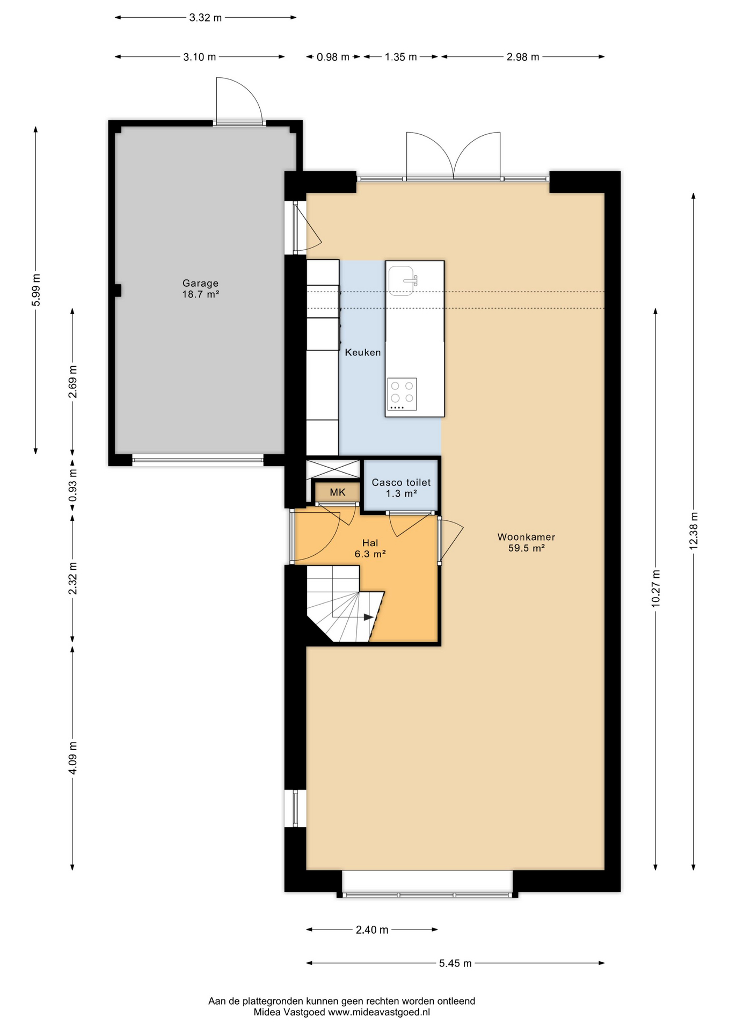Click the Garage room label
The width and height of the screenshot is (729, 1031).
pyautogui.click(x=200, y=288)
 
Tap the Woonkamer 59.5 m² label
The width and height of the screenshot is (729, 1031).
pyautogui.click(x=526, y=542)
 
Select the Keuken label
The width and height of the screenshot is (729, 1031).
pyautogui.click(x=363, y=352)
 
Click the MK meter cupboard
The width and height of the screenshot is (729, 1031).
pyautogui.click(x=337, y=492)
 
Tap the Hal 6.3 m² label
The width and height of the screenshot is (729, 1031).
pyautogui.click(x=370, y=548)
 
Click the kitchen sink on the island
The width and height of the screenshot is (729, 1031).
pyautogui.click(x=402, y=280)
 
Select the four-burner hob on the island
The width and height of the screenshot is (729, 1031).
pyautogui.click(x=402, y=394)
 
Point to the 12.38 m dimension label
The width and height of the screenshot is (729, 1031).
pyautogui.click(x=694, y=531)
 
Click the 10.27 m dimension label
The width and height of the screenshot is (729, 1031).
pyautogui.click(x=655, y=589)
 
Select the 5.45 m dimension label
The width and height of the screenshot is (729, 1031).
pyautogui.click(x=455, y=963)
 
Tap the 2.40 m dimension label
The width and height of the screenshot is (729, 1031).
pyautogui.click(x=372, y=930)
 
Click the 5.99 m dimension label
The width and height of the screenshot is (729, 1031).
pyautogui.click(x=36, y=290)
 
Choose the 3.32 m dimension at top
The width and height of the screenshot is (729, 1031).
pyautogui.click(x=206, y=18)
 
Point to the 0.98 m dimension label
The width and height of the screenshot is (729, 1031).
pyautogui.click(x=333, y=57)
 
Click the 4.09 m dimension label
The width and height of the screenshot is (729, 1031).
pyautogui.click(x=72, y=758)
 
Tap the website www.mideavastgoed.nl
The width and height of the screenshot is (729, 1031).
pyautogui.click(x=379, y=1012)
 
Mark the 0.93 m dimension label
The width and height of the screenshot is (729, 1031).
pyautogui.click(x=72, y=485)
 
